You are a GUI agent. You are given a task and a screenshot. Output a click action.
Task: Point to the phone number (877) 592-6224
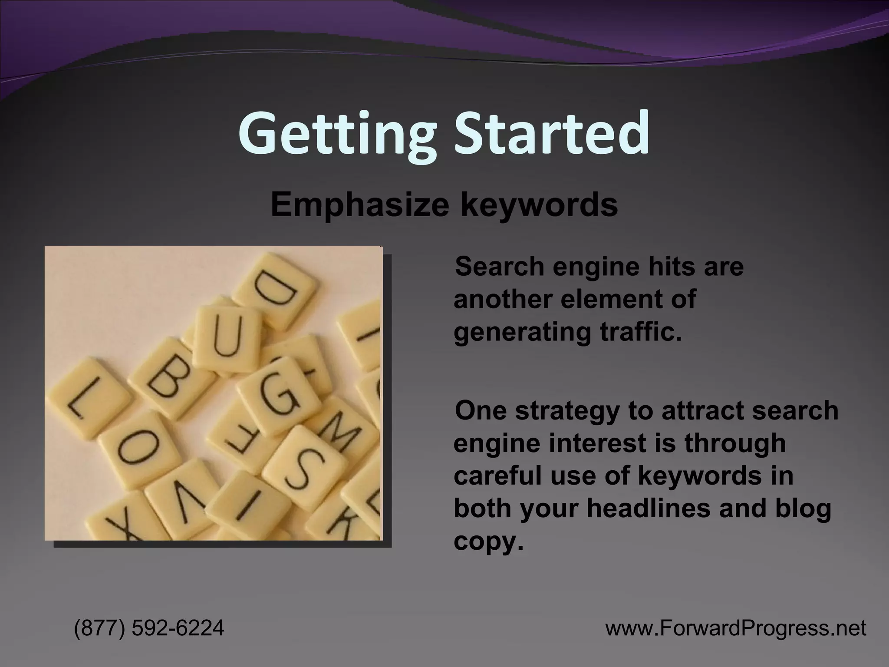149,628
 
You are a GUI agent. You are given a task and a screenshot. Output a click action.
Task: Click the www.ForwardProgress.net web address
736,628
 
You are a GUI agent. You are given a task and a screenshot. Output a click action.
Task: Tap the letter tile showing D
275,290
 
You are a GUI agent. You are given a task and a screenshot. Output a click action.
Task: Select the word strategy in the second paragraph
567,411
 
